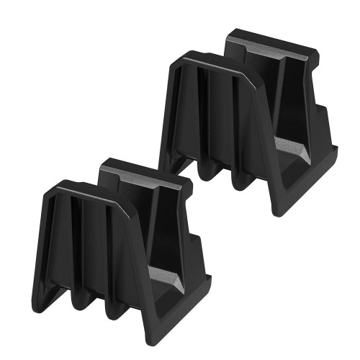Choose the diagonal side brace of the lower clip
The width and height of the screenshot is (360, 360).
click(137, 266)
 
